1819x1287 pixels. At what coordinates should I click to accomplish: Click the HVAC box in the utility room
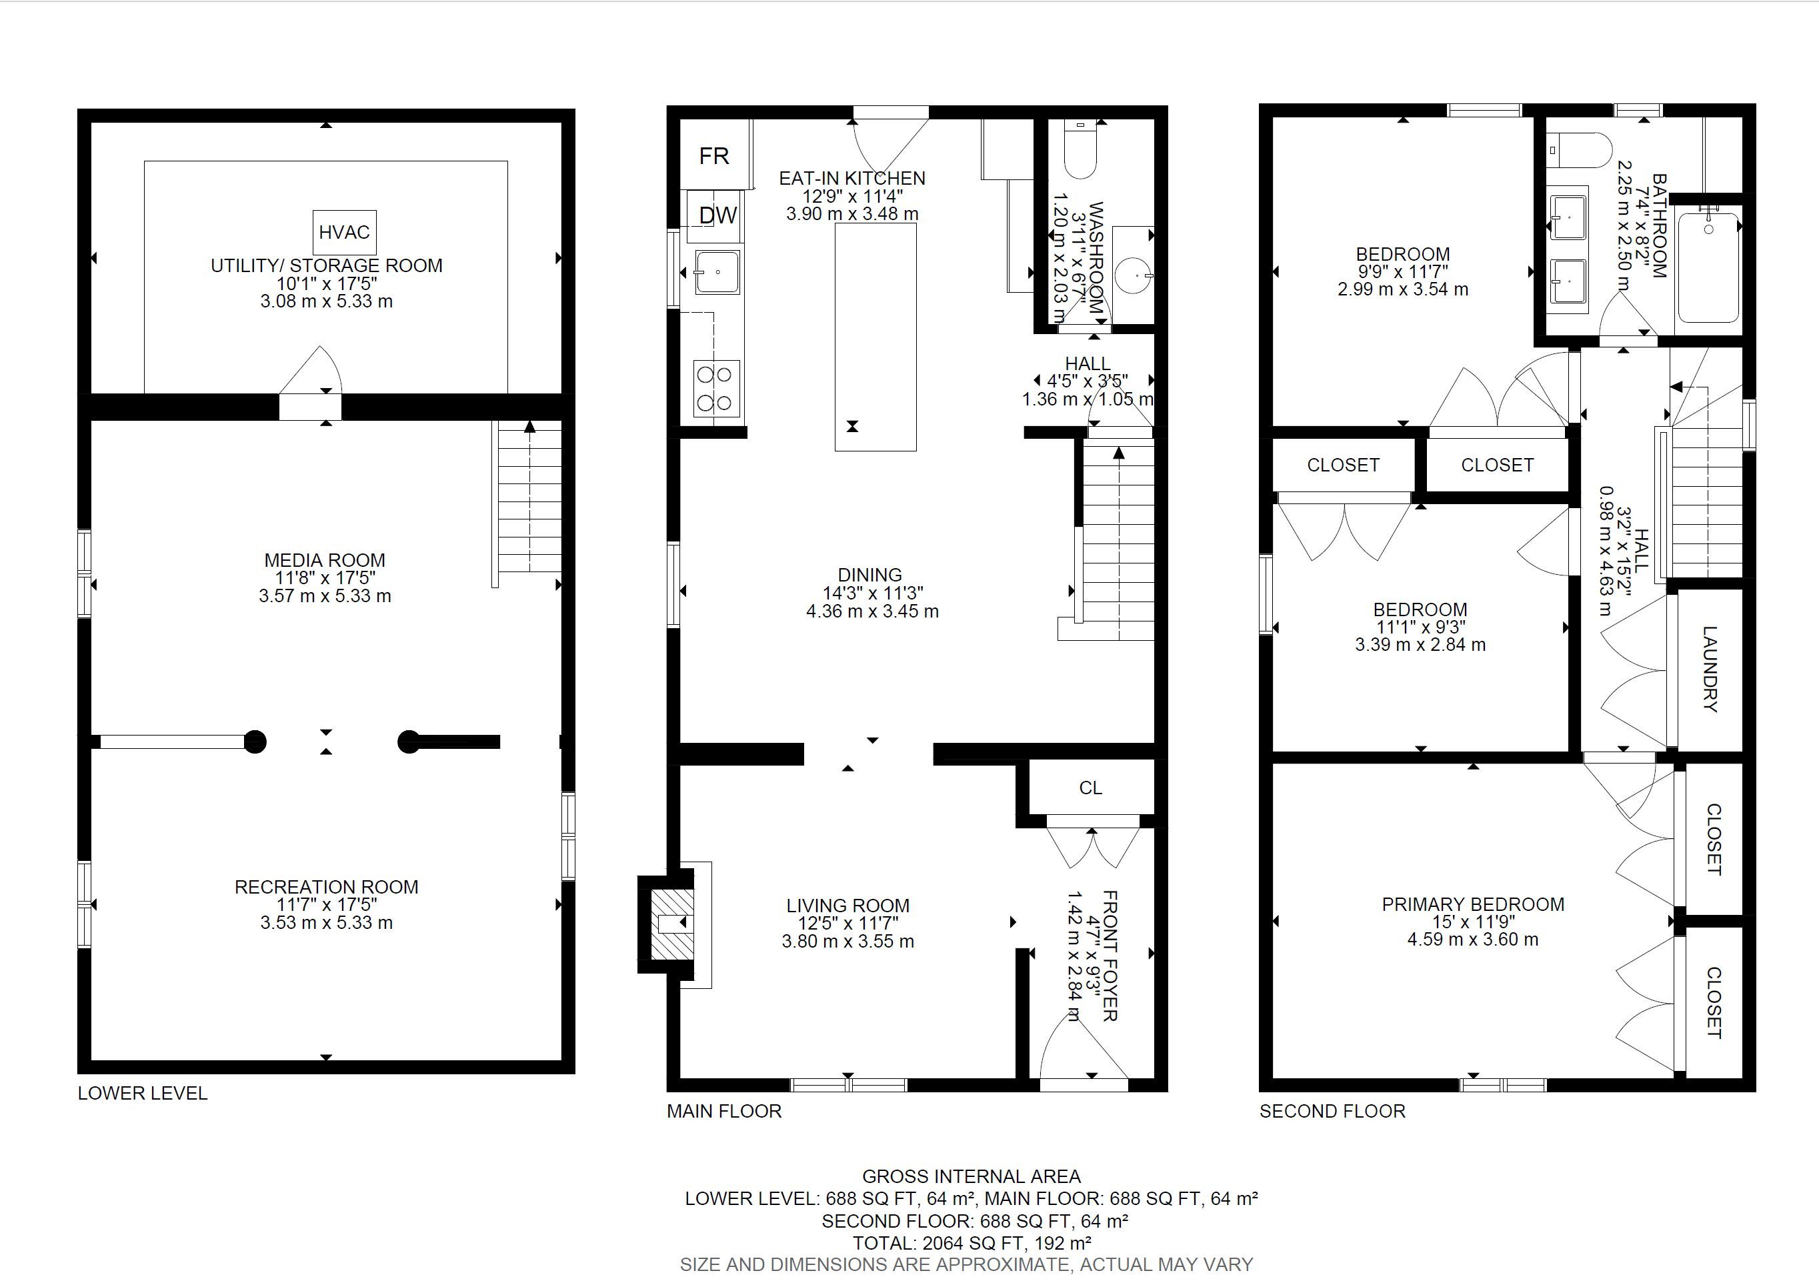tap(345, 232)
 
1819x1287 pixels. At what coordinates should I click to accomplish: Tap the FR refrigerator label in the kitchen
tap(714, 156)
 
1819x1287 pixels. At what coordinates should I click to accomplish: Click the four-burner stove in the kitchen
tap(717, 388)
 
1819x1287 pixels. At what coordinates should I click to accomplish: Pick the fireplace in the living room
tap(667, 924)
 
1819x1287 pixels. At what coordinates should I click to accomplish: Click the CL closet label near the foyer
tap(1090, 788)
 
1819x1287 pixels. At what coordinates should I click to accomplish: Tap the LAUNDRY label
tap(1710, 670)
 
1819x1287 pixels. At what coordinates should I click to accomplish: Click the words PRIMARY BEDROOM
tap(1473, 904)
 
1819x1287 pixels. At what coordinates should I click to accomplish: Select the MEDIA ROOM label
tap(325, 560)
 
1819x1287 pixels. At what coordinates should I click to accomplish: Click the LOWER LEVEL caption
tap(143, 1094)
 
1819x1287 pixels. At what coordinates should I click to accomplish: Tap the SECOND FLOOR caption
tap(1332, 1111)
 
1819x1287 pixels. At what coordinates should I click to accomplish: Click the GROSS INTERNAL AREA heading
tap(972, 1177)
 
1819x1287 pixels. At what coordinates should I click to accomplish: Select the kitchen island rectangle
tap(875, 337)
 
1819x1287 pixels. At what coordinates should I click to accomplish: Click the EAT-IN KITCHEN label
tap(851, 178)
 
